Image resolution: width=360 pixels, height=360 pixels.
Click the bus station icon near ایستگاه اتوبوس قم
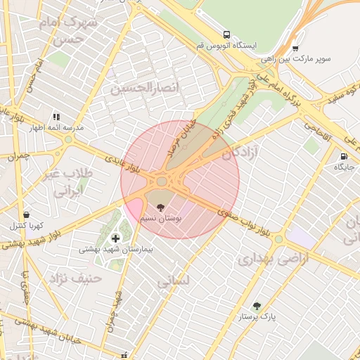tap(226, 34)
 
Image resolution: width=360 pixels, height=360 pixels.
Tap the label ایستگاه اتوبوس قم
tap(226, 45)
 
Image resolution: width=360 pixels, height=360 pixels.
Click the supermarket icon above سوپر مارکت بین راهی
tap(295, 49)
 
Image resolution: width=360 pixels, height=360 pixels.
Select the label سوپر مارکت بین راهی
tap(302, 60)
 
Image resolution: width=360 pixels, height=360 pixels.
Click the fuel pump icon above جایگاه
tap(343, 156)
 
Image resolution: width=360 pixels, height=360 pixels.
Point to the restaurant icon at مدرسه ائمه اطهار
tap(56, 117)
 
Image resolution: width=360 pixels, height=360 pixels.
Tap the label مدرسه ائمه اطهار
tap(56, 128)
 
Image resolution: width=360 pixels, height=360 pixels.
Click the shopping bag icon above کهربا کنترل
tap(26, 214)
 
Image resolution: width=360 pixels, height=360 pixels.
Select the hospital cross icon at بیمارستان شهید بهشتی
tap(115, 238)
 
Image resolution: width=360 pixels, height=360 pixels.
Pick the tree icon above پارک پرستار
tap(257, 306)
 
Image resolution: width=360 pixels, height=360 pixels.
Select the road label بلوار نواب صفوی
tap(244, 221)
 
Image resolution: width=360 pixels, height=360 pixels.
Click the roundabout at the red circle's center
tap(162, 181)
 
